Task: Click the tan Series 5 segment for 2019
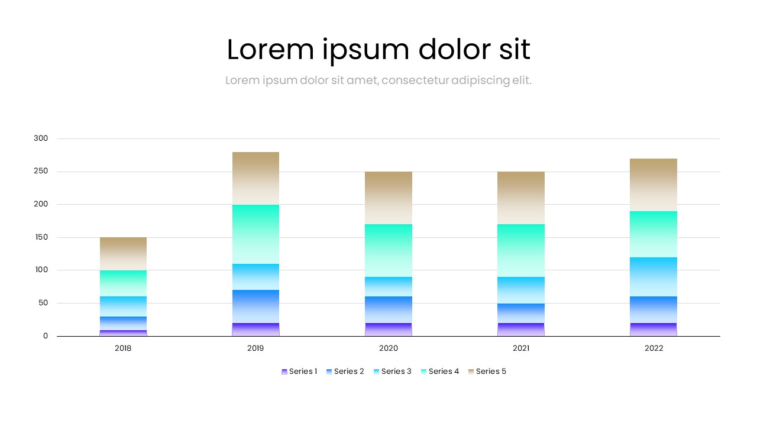pyautogui.click(x=255, y=178)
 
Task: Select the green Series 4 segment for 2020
pyautogui.click(x=388, y=250)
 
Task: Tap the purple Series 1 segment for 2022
pyautogui.click(x=654, y=330)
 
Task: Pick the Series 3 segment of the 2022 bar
pyautogui.click(x=654, y=276)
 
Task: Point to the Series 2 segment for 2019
pyautogui.click(x=255, y=306)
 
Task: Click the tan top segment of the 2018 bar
pyautogui.click(x=123, y=253)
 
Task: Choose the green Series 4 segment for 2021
pyautogui.click(x=521, y=250)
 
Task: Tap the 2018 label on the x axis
pyautogui.click(x=123, y=348)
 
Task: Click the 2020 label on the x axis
pyautogui.click(x=388, y=348)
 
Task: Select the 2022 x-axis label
pyautogui.click(x=654, y=348)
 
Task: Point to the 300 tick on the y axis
pyautogui.click(x=41, y=138)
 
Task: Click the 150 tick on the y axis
pyautogui.click(x=41, y=237)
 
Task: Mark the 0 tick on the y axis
pyautogui.click(x=45, y=336)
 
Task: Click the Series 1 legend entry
pyautogui.click(x=299, y=372)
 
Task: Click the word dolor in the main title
pyautogui.click(x=452, y=49)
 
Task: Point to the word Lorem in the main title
pyautogui.click(x=270, y=49)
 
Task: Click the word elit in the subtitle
pyautogui.click(x=522, y=80)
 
